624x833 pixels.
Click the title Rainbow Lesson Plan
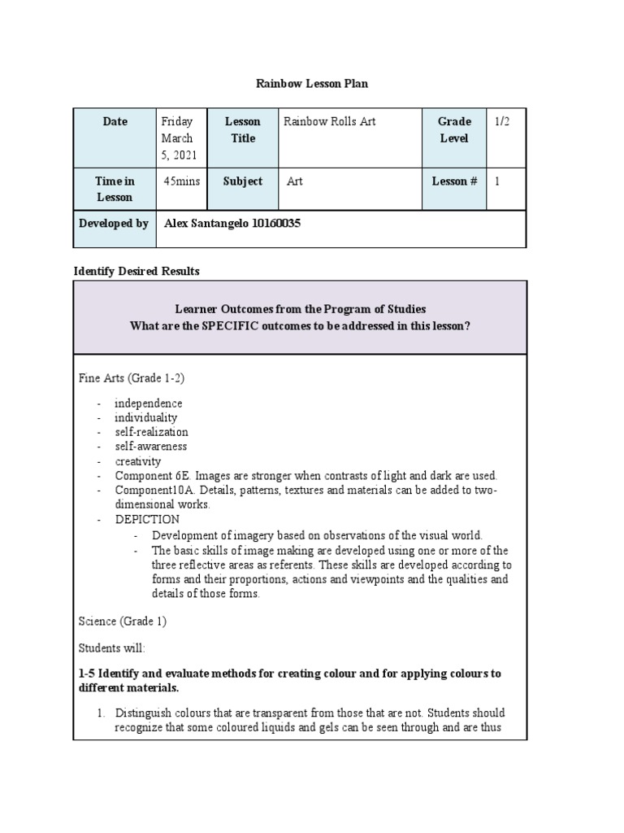tap(312, 84)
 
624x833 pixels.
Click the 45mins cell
tap(181, 181)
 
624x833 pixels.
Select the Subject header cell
tap(242, 181)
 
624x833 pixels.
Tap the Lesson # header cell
tap(454, 181)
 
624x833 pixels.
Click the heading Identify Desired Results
tap(136, 271)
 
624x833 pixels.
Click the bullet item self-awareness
tap(150, 447)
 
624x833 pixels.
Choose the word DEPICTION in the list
tap(147, 519)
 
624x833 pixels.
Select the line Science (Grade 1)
tap(122, 621)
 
